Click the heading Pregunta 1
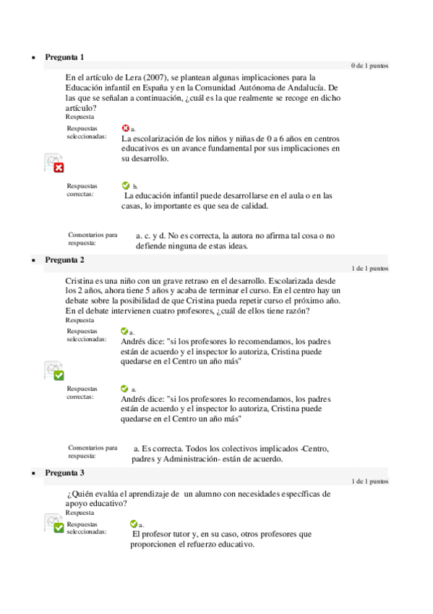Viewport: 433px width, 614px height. click(x=64, y=56)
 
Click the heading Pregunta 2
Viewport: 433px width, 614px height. click(x=64, y=259)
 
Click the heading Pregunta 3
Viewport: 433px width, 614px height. click(x=64, y=473)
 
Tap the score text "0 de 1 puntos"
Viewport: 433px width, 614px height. click(x=369, y=66)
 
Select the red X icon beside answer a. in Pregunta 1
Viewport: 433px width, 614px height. click(x=126, y=127)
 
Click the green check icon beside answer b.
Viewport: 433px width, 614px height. click(x=127, y=185)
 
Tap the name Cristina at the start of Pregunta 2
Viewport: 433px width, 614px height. click(x=80, y=280)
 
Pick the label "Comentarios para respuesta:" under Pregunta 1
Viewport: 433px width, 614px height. click(x=92, y=239)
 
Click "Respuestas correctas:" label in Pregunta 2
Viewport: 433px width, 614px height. click(x=82, y=392)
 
